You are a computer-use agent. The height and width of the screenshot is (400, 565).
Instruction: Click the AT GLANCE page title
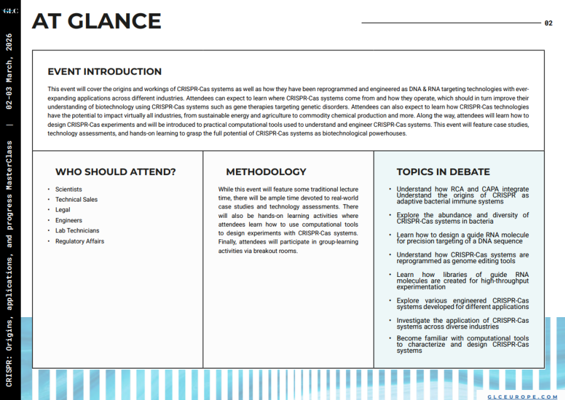coord(97,21)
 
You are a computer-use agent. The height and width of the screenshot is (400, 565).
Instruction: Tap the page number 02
coord(549,23)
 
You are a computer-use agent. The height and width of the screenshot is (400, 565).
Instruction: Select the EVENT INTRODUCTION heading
coord(105,72)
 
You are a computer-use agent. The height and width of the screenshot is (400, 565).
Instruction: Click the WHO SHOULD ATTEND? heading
coord(116,172)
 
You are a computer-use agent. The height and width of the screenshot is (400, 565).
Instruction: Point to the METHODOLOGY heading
coord(266,172)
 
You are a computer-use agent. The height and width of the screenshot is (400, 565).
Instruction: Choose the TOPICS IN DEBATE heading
coord(443,172)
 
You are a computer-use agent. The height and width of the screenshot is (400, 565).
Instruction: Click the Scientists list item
coord(68,189)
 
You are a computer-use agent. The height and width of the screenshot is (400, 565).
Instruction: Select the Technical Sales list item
coord(76,200)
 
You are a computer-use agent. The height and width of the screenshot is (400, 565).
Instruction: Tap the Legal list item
coord(63,210)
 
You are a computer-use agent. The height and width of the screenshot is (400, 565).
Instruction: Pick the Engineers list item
coord(68,220)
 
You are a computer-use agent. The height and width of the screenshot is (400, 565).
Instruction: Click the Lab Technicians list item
coord(77,230)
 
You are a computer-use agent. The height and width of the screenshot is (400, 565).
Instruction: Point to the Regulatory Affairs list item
coord(80,241)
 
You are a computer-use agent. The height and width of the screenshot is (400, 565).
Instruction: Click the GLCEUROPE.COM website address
coord(522,397)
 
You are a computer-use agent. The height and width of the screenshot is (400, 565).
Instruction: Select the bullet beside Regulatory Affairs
coord(49,241)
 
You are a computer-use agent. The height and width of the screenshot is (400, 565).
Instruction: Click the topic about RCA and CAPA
coord(463,189)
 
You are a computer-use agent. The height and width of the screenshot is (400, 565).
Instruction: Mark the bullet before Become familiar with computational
coord(390,338)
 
